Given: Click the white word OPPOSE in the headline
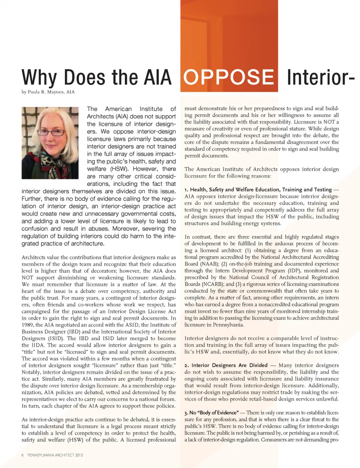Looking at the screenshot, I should [229, 77].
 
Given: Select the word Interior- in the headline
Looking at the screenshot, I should [320, 77].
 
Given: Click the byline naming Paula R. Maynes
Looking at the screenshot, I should [48, 92].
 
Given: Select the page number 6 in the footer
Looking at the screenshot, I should [22, 455].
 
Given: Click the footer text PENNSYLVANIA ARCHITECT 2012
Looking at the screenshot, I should [55, 455].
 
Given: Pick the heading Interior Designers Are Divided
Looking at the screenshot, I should [229, 365].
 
